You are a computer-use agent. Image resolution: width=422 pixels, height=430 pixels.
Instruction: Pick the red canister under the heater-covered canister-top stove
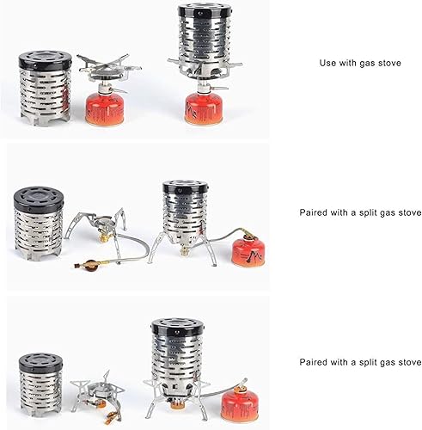204,108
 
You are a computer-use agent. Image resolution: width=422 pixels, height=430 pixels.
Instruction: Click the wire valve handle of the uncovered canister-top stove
119,90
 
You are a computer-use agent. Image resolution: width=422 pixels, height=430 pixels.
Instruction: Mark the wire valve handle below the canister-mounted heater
218,88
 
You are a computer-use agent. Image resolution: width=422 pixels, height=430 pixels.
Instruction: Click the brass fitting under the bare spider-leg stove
105,237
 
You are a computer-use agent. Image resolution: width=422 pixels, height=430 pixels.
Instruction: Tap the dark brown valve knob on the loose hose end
90,264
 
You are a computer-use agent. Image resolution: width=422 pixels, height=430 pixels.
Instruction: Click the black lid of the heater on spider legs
185,187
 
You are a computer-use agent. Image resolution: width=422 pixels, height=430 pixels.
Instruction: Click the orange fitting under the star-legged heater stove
176,404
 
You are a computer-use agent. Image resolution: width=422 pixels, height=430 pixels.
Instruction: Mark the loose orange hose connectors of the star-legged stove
111,417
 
